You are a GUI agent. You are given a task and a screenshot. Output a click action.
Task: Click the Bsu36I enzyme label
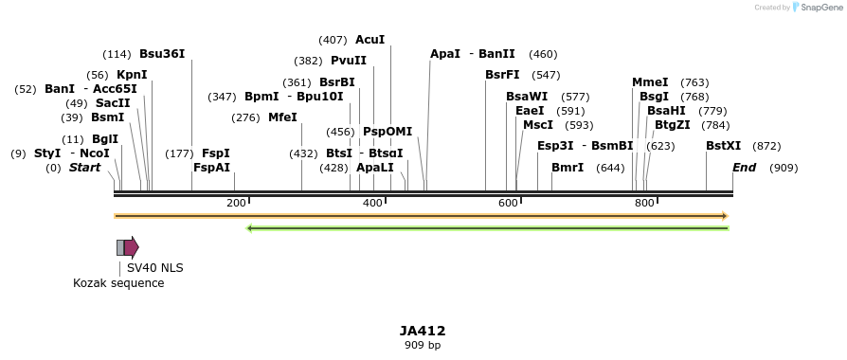(x=162, y=54)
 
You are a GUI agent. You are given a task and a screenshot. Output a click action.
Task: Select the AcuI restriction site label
(x=369, y=40)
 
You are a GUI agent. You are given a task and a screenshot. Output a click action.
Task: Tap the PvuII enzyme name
(x=348, y=61)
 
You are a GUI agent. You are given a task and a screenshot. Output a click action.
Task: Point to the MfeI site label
(x=282, y=117)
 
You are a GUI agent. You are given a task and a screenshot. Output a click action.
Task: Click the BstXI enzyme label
(x=723, y=146)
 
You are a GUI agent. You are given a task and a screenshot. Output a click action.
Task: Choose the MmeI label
(x=650, y=82)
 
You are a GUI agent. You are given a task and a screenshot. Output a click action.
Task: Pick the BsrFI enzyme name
(x=502, y=75)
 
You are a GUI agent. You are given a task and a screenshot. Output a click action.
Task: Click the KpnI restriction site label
(x=132, y=75)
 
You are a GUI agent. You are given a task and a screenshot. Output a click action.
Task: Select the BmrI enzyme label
(x=568, y=168)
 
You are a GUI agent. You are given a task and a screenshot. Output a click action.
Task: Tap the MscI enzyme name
(x=538, y=125)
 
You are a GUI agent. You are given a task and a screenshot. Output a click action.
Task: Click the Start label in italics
(x=84, y=168)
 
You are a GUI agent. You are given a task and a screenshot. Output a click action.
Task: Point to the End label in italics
(x=745, y=168)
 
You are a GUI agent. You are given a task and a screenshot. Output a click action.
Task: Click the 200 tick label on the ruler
(x=236, y=204)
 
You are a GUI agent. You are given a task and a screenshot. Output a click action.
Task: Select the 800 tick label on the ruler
(x=644, y=204)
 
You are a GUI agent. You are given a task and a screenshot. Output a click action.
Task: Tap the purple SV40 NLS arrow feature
(x=131, y=247)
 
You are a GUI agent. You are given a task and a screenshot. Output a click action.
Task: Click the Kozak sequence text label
(x=118, y=283)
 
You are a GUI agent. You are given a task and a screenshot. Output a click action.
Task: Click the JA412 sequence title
(x=423, y=331)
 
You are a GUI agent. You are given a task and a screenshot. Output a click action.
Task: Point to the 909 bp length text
(x=423, y=346)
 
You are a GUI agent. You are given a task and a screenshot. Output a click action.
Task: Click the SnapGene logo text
(x=816, y=8)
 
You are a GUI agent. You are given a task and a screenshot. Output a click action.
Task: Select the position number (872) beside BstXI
(x=766, y=146)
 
